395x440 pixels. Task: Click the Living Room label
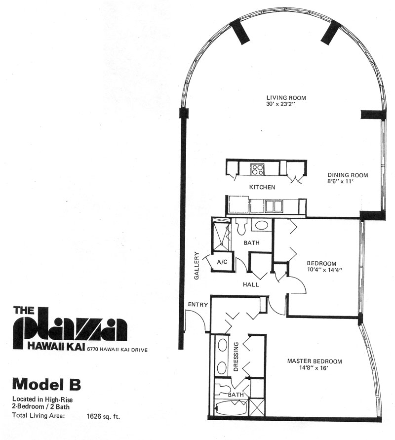(x=286, y=98)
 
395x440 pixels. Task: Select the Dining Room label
(x=348, y=175)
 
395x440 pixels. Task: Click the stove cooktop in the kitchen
(x=258, y=169)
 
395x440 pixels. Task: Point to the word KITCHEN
(x=262, y=187)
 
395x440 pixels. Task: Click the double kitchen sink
(x=274, y=206)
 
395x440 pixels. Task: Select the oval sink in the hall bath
(x=262, y=225)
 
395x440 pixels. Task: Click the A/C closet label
(x=222, y=262)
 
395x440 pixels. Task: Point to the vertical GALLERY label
(x=197, y=266)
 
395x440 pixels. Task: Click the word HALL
(x=251, y=284)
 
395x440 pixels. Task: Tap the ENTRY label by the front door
(x=198, y=305)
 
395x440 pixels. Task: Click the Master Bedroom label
(x=315, y=361)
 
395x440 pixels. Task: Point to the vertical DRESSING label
(x=236, y=356)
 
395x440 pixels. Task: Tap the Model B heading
(x=46, y=385)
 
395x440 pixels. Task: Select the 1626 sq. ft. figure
(x=104, y=416)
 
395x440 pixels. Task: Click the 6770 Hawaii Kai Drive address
(x=118, y=350)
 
